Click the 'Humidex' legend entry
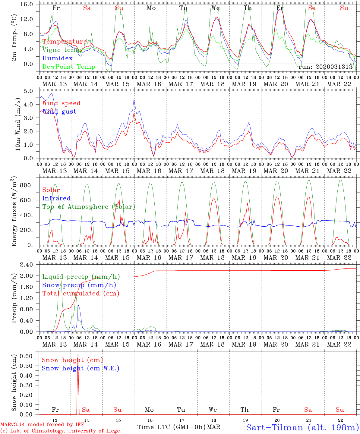pos(57,58)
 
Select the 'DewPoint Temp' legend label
pos(69,67)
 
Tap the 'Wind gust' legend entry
pos(59,112)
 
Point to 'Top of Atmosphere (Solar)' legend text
pos(88,207)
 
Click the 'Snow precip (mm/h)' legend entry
pos(79,285)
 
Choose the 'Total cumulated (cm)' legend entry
pos(81,294)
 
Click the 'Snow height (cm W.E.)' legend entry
pos(80,368)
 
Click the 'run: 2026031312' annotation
pos(326,67)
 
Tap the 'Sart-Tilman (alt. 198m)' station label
pos(302,427)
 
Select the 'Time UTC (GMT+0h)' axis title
pos(172,427)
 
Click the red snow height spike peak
pos(78,355)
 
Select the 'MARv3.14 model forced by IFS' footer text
pos(42,425)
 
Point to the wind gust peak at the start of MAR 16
pos(134,100)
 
